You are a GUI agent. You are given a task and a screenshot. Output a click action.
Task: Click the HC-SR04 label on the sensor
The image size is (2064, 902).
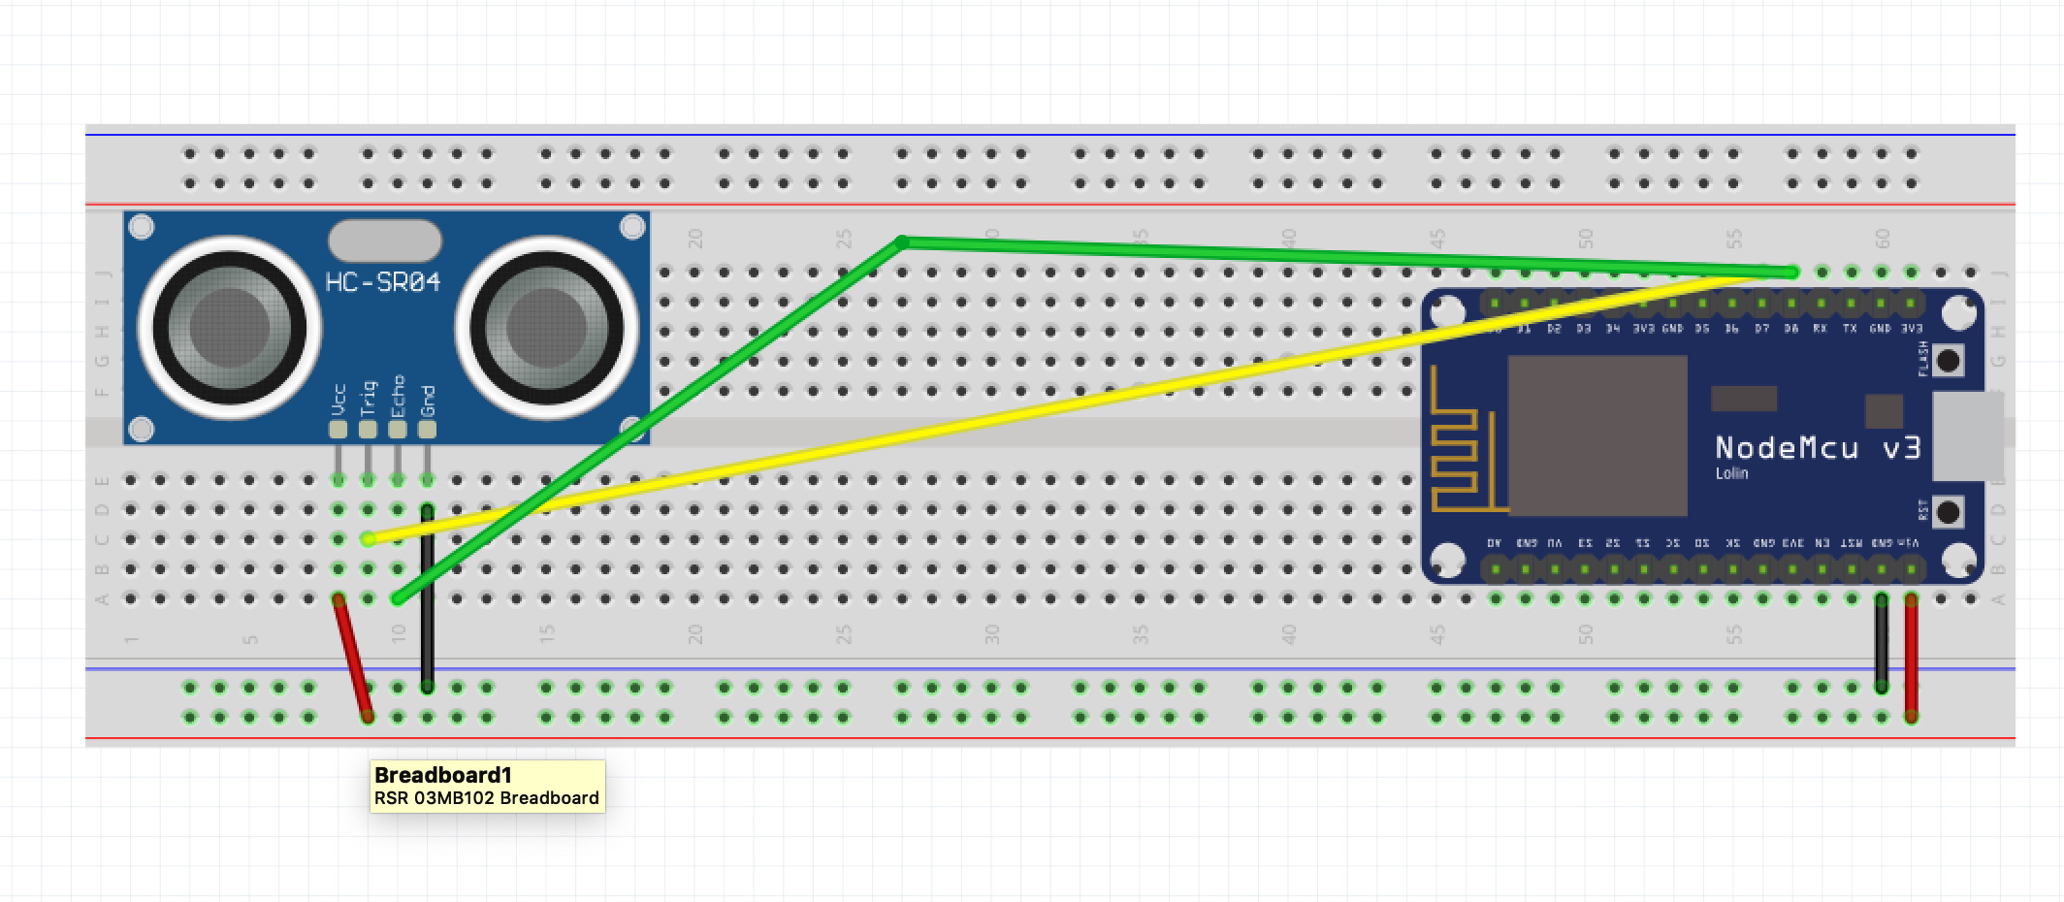(x=383, y=282)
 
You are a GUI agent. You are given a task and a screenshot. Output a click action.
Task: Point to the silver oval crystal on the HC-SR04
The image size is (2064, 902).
(x=385, y=241)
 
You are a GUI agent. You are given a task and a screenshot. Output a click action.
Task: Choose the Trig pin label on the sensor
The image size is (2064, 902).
(x=368, y=398)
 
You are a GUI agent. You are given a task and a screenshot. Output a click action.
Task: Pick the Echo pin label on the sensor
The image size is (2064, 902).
(x=398, y=396)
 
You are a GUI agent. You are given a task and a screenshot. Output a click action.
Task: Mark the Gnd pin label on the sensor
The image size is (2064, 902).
(x=428, y=400)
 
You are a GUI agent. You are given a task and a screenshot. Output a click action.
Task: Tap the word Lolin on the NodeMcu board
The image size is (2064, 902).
(x=1731, y=473)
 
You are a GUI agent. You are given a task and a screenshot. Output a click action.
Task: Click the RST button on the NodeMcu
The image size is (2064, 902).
(x=1948, y=511)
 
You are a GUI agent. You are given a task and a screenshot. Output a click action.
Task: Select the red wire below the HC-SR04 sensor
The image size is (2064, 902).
(x=353, y=658)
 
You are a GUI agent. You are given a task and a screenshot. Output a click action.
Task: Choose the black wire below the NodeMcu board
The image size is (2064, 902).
(x=1882, y=644)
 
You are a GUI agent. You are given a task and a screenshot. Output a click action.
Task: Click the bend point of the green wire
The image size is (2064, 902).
(x=903, y=242)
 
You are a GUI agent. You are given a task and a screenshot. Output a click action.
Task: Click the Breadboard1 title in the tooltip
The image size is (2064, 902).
(x=442, y=775)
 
